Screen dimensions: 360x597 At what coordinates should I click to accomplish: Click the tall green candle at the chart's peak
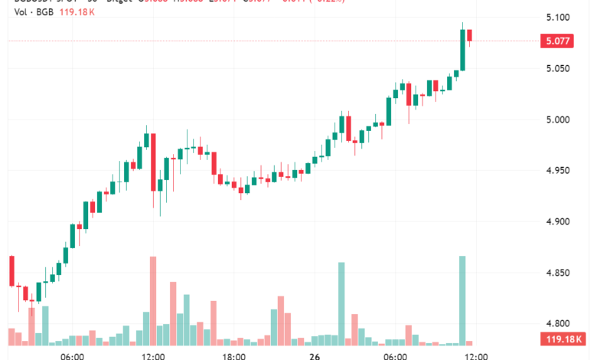click(462, 50)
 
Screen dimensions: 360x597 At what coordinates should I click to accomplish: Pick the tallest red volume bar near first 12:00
click(153, 300)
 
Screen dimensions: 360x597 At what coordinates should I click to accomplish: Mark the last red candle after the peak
click(469, 35)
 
